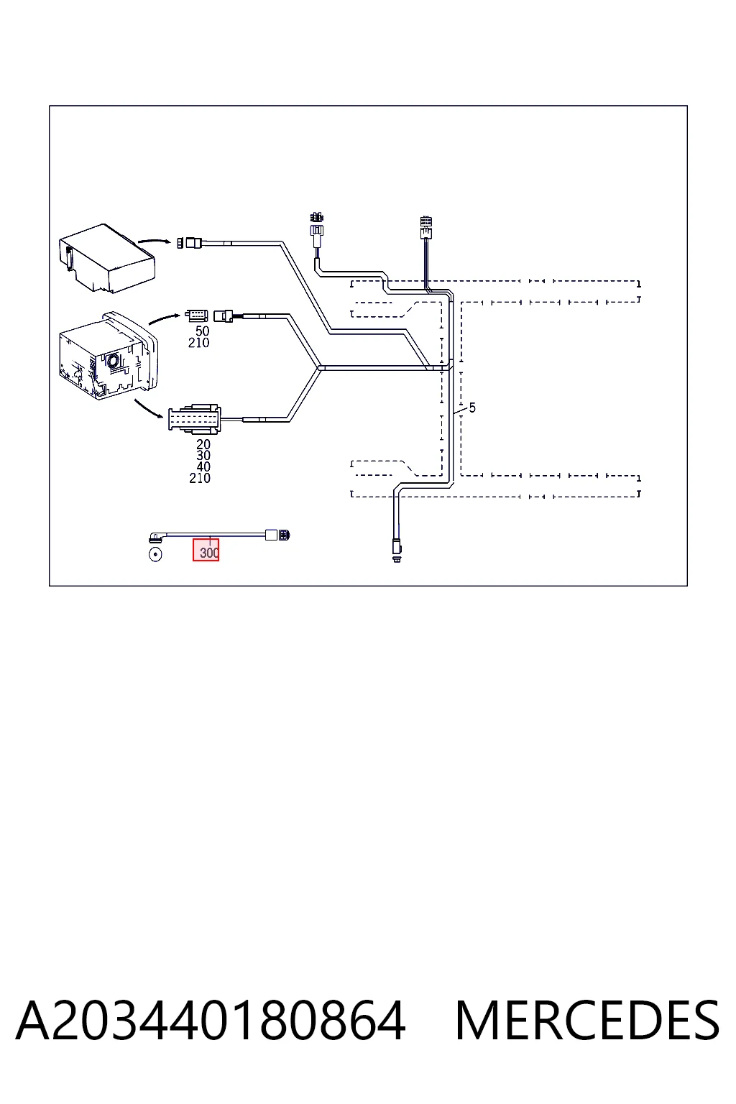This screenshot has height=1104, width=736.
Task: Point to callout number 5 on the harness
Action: click(472, 408)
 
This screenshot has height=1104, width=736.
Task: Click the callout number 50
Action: click(202, 331)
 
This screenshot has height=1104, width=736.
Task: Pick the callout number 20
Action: click(203, 444)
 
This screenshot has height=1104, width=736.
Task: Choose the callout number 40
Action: click(203, 466)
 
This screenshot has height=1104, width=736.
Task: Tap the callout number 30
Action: click(203, 456)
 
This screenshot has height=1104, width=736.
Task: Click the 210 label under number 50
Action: click(198, 343)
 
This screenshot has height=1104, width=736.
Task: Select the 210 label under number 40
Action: click(200, 477)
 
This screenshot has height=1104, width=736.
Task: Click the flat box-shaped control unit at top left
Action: click(107, 258)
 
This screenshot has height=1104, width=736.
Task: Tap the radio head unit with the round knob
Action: click(108, 355)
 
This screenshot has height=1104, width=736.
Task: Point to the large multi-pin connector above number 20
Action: click(195, 420)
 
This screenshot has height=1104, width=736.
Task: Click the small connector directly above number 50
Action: click(197, 316)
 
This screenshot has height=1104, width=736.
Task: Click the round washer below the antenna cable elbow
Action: click(155, 555)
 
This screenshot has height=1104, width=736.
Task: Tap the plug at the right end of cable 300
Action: click(278, 535)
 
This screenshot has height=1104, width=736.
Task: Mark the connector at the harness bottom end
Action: click(396, 550)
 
